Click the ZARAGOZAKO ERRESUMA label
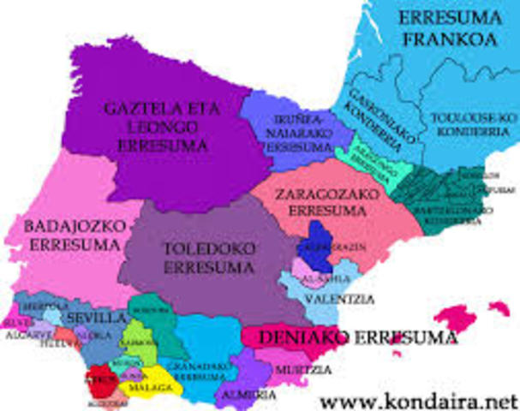(322, 202)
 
